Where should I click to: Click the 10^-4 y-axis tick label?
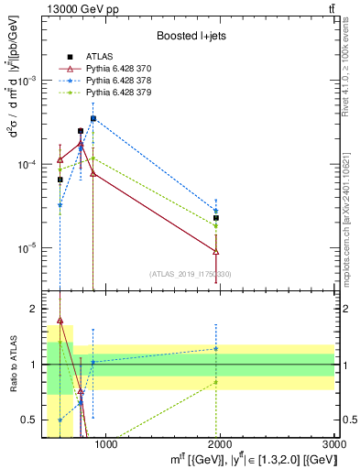(30, 165)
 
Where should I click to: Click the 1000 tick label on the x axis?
(106, 444)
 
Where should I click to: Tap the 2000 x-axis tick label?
(221, 444)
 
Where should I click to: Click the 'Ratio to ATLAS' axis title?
(14, 365)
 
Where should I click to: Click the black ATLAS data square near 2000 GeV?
(216, 218)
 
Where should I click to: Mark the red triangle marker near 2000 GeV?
(216, 251)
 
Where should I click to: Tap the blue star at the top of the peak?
(93, 118)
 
